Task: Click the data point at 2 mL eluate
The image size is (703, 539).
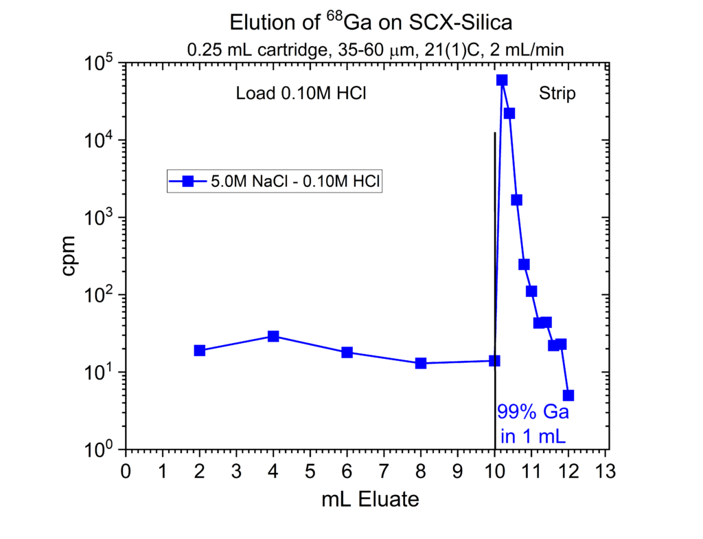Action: (x=200, y=351)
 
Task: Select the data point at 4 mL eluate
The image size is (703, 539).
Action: (x=273, y=336)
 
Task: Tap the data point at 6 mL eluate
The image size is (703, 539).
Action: (x=347, y=353)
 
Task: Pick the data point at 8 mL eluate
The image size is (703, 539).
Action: (x=421, y=363)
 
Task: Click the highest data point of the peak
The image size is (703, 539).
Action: (x=502, y=80)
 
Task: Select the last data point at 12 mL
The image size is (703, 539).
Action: (x=568, y=395)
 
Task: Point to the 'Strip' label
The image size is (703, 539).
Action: (x=558, y=93)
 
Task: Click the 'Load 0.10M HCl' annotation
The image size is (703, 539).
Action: (x=300, y=93)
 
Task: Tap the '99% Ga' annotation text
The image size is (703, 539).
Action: (x=533, y=414)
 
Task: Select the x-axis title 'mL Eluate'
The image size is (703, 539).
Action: (x=370, y=500)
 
